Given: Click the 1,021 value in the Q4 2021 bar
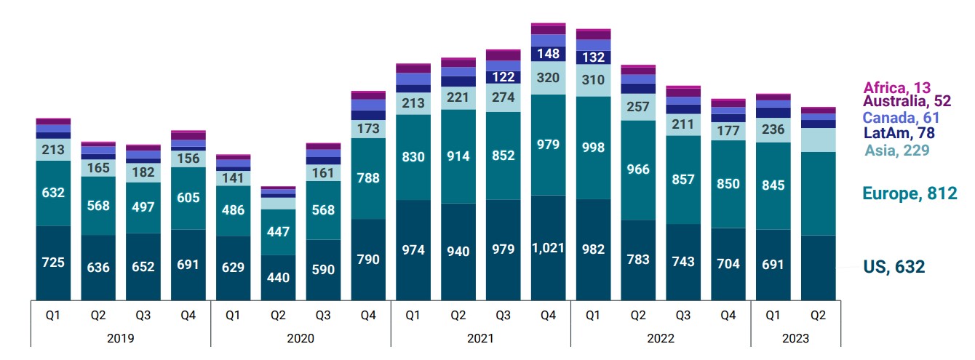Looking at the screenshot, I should pyautogui.click(x=548, y=249).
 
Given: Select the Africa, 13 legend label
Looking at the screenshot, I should pyautogui.click(x=896, y=88).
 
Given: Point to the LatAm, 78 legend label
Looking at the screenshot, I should pyautogui.click(x=899, y=133).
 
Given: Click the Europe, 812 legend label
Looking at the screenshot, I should pyautogui.click(x=910, y=193).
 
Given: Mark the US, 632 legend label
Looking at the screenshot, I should pyautogui.click(x=894, y=267).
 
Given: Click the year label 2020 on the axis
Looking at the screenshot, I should pyautogui.click(x=301, y=338).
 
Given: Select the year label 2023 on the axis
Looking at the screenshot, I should pyautogui.click(x=795, y=338).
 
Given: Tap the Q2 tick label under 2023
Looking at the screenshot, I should pyautogui.click(x=818, y=316).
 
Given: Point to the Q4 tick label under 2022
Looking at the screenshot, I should pyautogui.click(x=728, y=316).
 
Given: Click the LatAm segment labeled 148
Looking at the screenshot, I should pyautogui.click(x=548, y=53).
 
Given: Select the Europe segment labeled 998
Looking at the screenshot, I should pyautogui.click(x=593, y=147).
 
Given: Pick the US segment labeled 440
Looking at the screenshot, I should pyautogui.click(x=278, y=276).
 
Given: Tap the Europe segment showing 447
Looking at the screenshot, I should pyautogui.click(x=278, y=232).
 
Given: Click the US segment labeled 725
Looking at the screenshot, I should pyautogui.click(x=53, y=262).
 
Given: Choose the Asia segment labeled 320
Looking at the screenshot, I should pyautogui.click(x=548, y=77).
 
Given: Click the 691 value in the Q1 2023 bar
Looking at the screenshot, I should pyautogui.click(x=773, y=264).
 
